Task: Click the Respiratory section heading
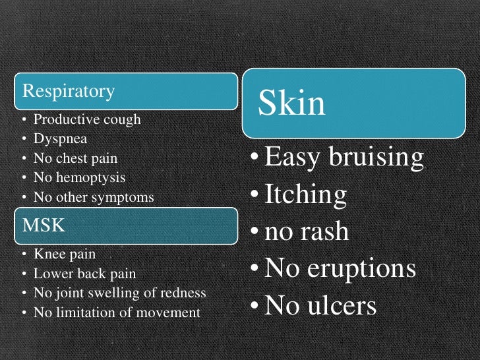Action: [x=69, y=91]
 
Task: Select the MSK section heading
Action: [x=44, y=225]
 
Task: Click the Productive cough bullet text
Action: [x=87, y=120]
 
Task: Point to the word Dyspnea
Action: [x=60, y=139]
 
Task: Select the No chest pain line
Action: [x=75, y=158]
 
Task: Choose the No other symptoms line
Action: [x=93, y=196]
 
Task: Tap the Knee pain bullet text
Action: [x=64, y=254]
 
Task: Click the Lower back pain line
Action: [x=84, y=273]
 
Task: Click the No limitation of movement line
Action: [x=117, y=312]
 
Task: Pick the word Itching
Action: [x=305, y=195]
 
